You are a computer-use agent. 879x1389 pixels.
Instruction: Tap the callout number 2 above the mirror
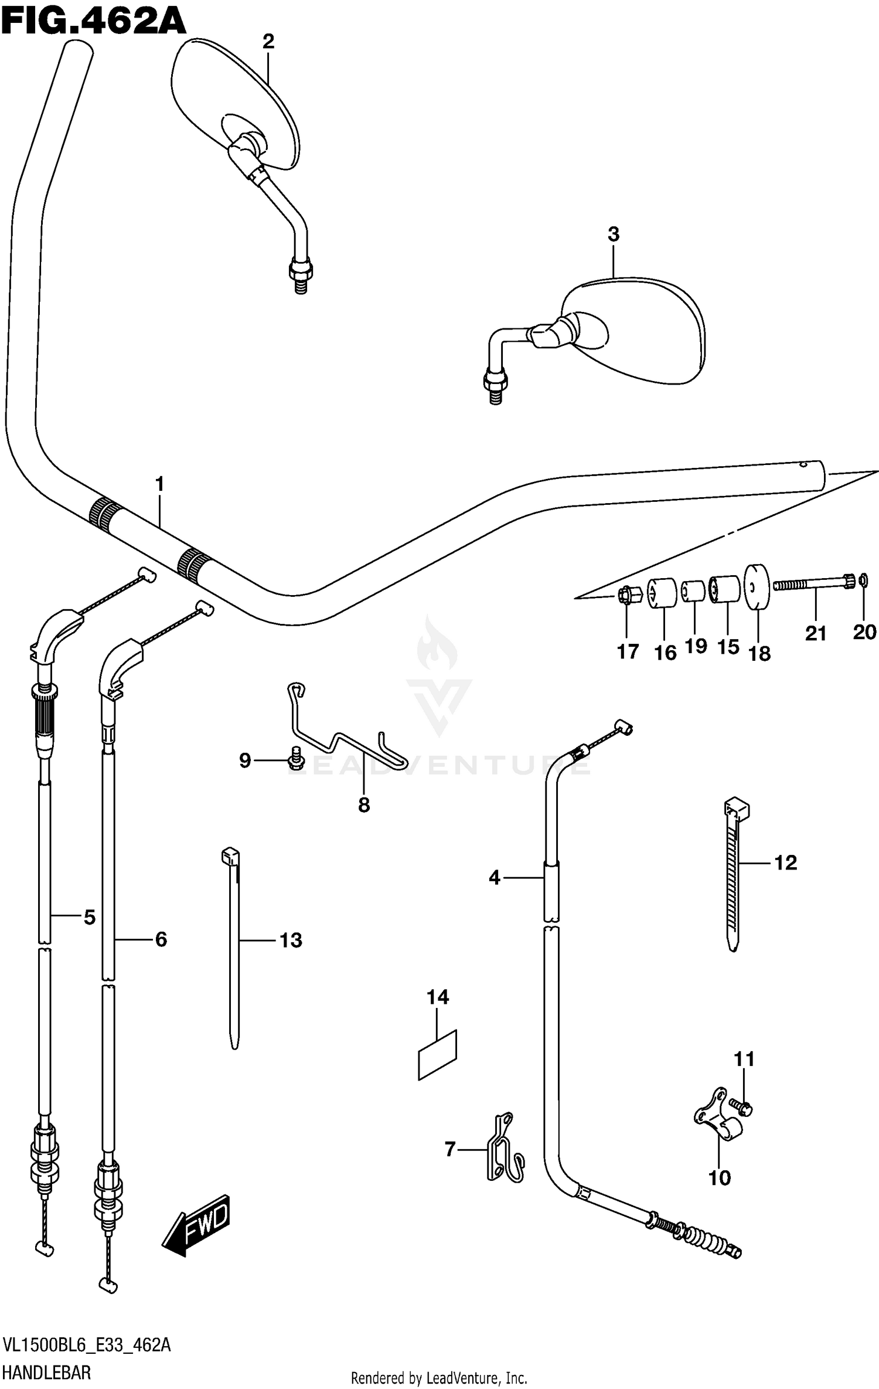tap(268, 41)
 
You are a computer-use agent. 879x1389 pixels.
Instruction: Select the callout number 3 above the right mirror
tap(613, 235)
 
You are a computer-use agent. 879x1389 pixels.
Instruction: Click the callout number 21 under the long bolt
tap(815, 633)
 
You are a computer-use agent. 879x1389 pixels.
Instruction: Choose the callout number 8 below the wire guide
tap(364, 805)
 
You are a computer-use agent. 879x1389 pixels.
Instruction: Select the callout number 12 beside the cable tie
tap(785, 862)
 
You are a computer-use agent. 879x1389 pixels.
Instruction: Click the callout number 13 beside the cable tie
tap(291, 940)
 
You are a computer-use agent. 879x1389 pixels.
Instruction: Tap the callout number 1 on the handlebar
tap(159, 484)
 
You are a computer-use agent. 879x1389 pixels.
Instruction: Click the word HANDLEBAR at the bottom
tap(47, 1373)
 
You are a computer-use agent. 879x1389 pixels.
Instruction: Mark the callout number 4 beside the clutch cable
tap(495, 878)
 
